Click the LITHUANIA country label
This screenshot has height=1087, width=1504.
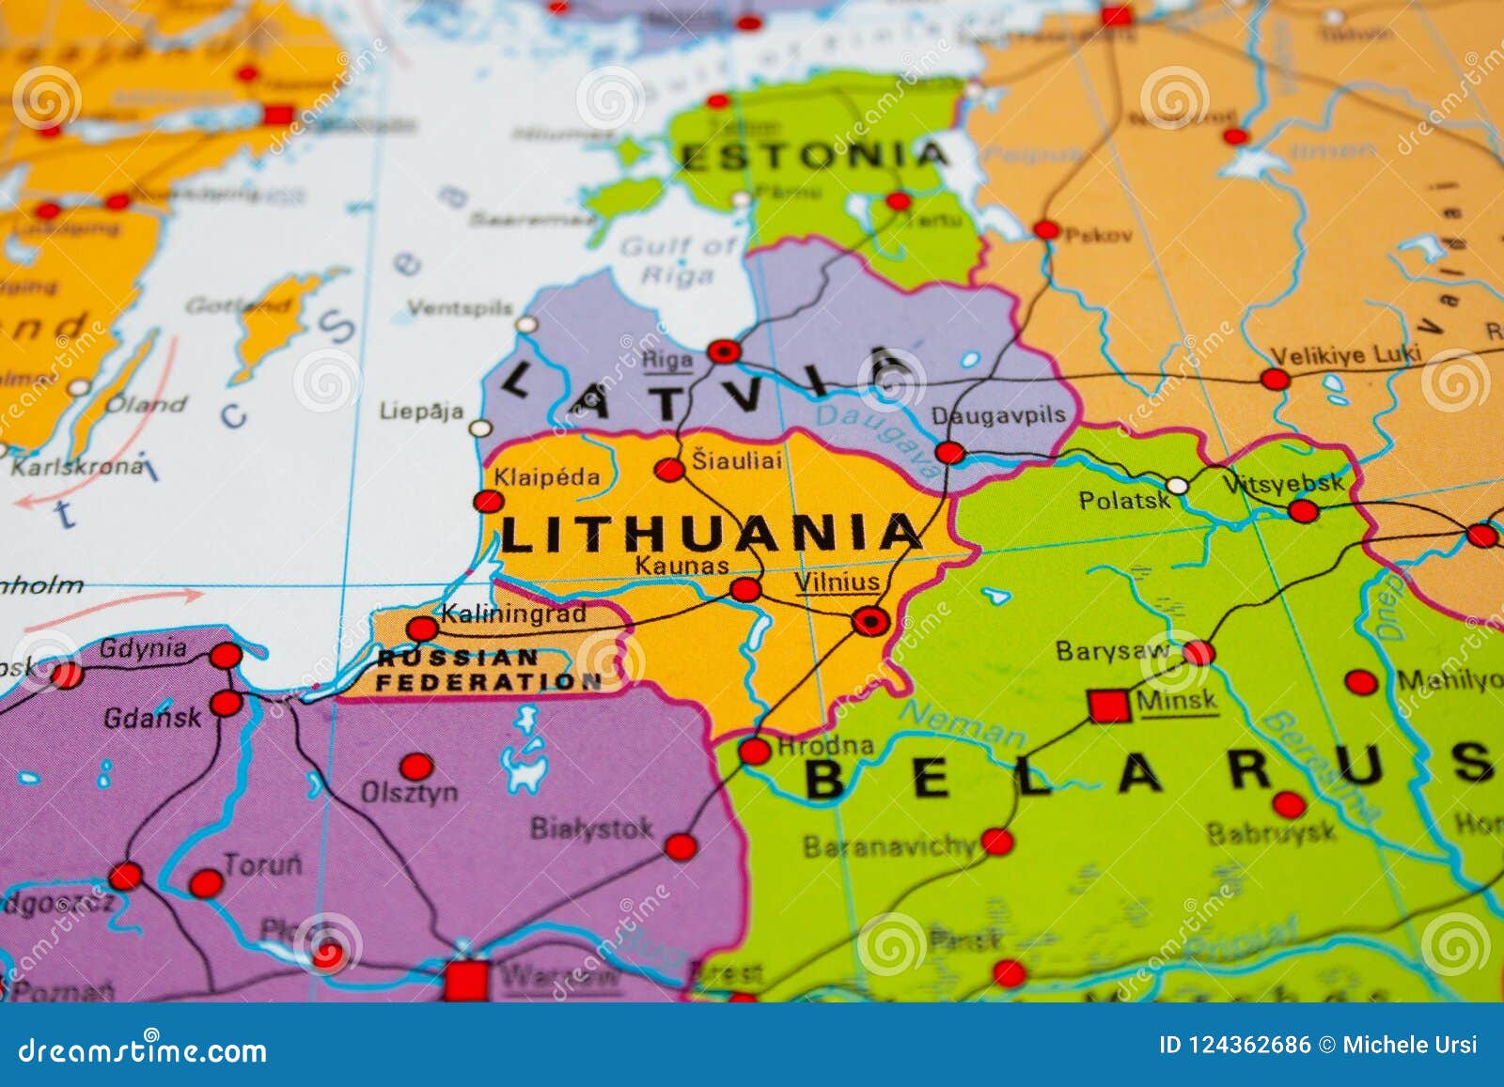(710, 534)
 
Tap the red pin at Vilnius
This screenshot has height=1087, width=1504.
(870, 621)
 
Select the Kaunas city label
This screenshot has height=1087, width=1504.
(681, 566)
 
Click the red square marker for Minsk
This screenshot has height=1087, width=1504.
(1109, 705)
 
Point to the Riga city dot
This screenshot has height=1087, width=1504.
(724, 352)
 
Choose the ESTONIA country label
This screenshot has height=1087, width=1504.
(814, 156)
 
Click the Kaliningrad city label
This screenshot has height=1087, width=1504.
(513, 614)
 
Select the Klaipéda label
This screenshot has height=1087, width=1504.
(547, 477)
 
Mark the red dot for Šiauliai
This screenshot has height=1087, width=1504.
(669, 470)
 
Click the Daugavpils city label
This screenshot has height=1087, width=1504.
(998, 415)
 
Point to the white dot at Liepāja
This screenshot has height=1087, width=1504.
(480, 428)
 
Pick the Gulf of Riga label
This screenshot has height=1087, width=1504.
(679, 260)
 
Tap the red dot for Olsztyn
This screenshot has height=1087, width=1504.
(416, 766)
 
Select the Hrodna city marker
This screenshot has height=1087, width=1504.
(754, 751)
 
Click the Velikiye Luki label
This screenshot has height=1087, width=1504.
(1346, 356)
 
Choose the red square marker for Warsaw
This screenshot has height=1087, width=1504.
(466, 979)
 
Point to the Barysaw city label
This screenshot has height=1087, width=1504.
(1113, 651)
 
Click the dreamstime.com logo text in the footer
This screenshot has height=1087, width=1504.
(143, 1050)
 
